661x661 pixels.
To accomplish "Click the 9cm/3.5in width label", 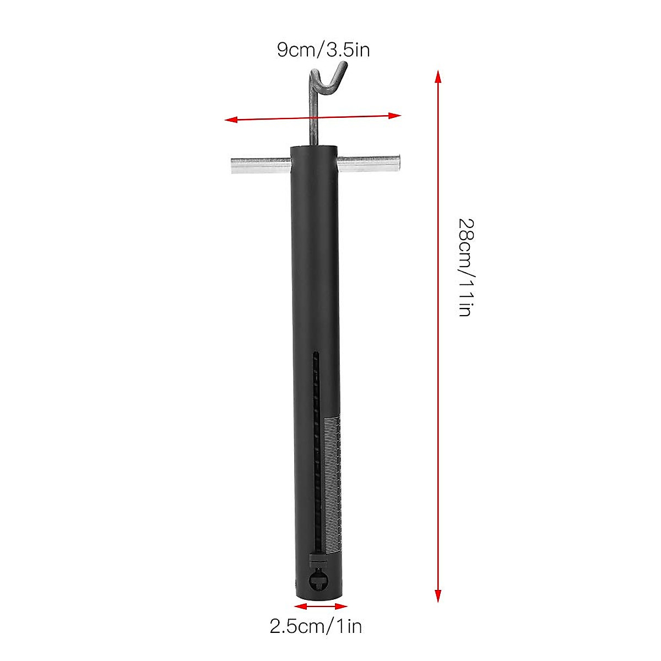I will tap(323, 51).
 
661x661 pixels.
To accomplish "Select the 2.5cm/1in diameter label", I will tap(316, 626).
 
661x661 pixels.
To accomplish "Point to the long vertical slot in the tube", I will tap(316, 452).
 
